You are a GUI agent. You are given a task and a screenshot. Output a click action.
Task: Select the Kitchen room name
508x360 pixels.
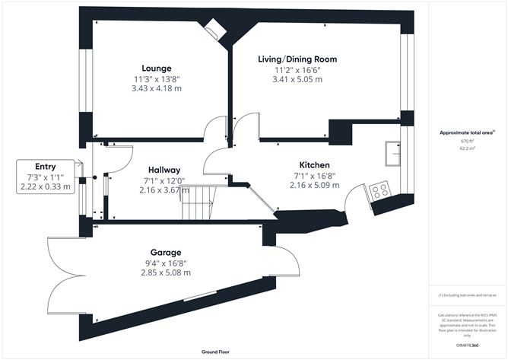tap(313, 164)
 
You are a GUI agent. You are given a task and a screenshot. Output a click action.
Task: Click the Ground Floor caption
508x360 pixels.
tap(216, 352)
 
